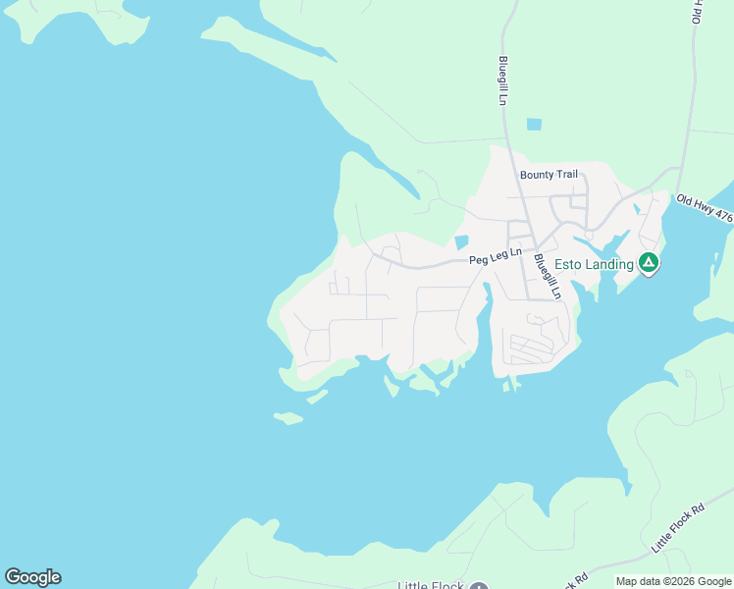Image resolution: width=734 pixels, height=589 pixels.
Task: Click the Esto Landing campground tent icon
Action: click(648, 262)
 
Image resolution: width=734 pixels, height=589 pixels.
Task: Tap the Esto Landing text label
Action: click(595, 264)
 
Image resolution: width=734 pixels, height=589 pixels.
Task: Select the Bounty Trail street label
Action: click(549, 175)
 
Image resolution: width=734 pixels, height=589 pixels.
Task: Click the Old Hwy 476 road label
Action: click(705, 208)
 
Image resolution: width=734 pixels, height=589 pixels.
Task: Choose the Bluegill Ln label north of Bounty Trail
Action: click(502, 81)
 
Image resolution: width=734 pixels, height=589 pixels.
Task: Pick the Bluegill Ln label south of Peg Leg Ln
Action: click(548, 276)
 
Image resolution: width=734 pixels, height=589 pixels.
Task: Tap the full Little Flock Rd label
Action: click(678, 527)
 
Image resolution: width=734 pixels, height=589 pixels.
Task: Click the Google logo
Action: click(32, 577)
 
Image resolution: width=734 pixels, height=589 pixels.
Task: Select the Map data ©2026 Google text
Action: click(673, 581)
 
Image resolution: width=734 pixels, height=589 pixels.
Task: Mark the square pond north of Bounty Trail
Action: click(534, 125)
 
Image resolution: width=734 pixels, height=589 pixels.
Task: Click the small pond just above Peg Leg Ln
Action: click(461, 242)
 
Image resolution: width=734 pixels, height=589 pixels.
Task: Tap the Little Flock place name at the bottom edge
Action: click(430, 585)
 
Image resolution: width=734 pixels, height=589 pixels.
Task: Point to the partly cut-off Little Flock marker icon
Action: click(478, 586)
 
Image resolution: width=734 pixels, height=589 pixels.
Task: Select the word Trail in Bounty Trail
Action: click(565, 175)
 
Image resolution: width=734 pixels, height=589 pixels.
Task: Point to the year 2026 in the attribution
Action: click(676, 581)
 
